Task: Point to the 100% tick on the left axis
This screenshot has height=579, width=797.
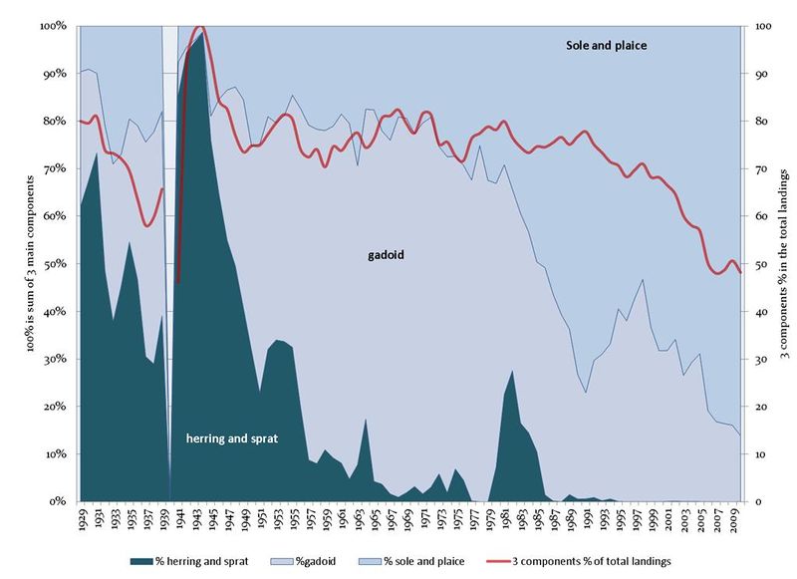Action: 53,25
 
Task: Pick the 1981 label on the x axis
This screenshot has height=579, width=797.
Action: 508,519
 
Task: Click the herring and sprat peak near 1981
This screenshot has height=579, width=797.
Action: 512,371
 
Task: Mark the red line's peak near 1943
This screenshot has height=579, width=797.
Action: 199,27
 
